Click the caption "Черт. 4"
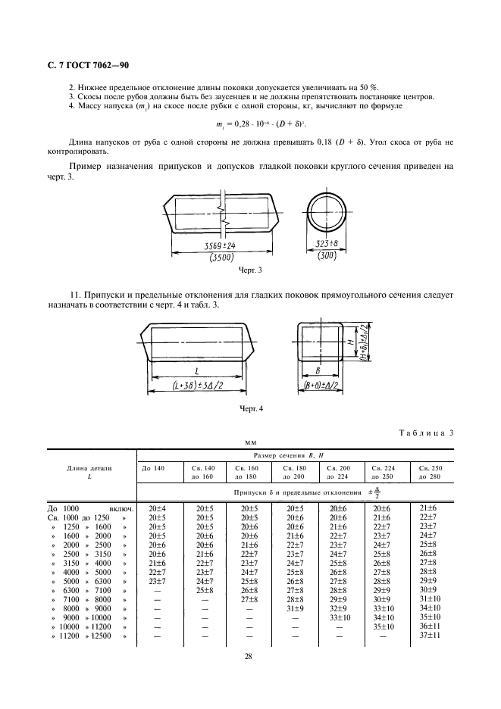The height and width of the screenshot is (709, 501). pos(250,410)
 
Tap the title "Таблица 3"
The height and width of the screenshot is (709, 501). pos(426,433)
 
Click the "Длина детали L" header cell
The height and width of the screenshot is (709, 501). pos(92,473)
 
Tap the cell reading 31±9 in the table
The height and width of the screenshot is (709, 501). pos(295,607)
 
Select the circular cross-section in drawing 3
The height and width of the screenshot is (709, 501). pos(328,212)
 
